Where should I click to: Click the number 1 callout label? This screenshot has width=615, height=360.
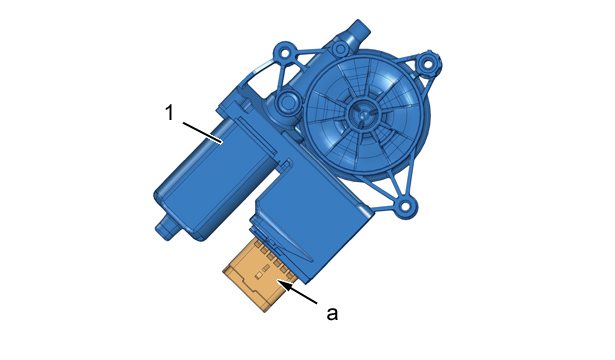(x=169, y=113)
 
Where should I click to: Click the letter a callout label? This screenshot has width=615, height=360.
(x=332, y=314)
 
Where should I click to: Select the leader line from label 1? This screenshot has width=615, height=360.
(x=203, y=133)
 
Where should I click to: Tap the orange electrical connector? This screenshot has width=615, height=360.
(x=259, y=276)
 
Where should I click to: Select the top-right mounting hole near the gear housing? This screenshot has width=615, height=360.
(x=427, y=62)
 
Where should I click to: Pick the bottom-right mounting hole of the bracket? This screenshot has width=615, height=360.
(x=404, y=206)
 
